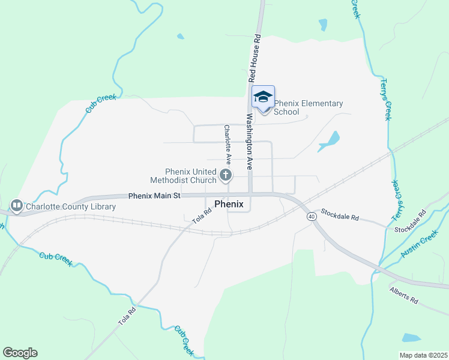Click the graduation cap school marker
click(263, 97)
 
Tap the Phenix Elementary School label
click(309, 107)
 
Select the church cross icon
click(226, 175)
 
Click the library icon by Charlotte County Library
click(16, 206)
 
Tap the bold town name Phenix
click(229, 204)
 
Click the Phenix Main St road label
click(154, 196)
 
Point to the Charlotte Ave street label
click(228, 145)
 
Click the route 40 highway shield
click(311, 216)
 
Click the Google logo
click(20, 353)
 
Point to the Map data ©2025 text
click(423, 355)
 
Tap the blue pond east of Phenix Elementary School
click(330, 142)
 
